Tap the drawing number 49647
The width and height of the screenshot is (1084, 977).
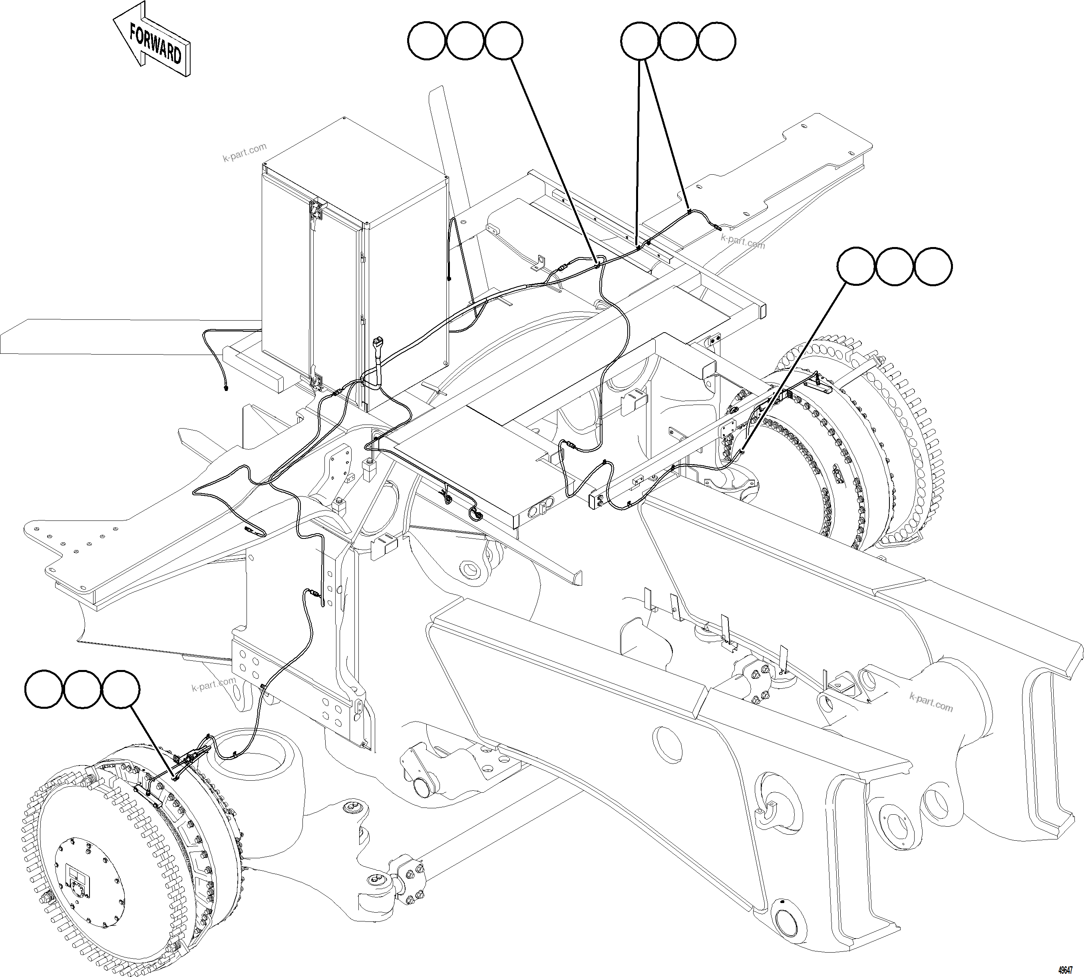click(x=1065, y=970)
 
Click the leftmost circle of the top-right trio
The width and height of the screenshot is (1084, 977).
click(x=639, y=41)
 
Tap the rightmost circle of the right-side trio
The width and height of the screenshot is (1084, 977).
click(x=933, y=266)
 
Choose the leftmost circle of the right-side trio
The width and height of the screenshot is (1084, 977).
click(x=857, y=266)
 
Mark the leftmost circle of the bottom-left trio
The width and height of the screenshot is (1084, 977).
click(x=44, y=689)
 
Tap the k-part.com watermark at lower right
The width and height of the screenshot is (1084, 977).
click(x=931, y=702)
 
